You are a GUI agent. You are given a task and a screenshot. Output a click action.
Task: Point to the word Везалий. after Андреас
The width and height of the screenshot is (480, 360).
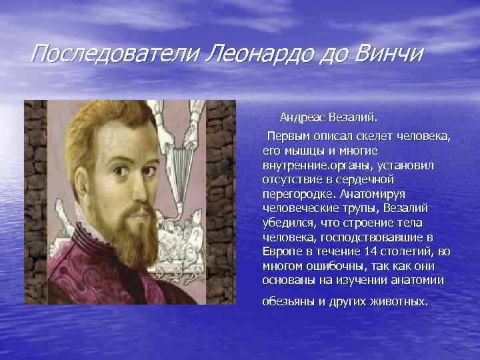click(x=353, y=118)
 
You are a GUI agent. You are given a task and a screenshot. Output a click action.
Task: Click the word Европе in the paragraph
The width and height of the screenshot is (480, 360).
click(x=281, y=252)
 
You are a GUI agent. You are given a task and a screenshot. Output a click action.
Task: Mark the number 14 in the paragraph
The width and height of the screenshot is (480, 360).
click(x=371, y=252)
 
